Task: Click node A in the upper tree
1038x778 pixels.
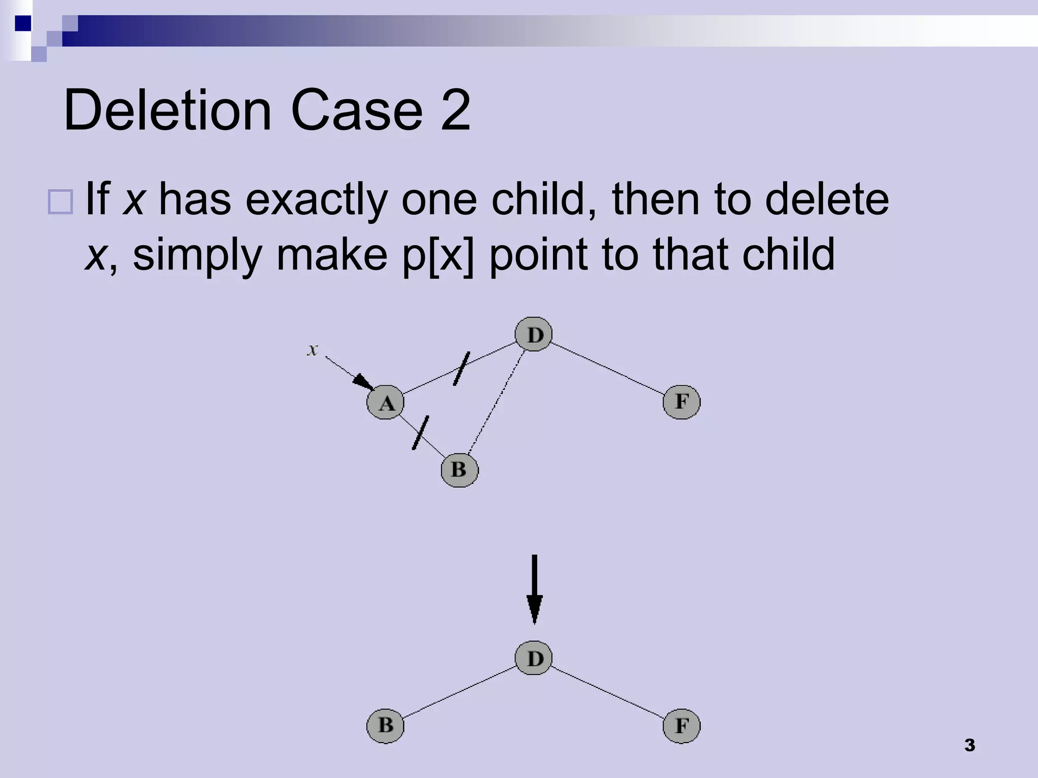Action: [x=385, y=402]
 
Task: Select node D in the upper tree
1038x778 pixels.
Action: [x=533, y=334]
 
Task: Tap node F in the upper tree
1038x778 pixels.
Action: [x=681, y=402]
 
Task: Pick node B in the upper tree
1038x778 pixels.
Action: [x=459, y=470]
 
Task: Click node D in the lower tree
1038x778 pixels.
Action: [x=533, y=658]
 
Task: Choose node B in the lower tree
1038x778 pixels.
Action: [x=385, y=725]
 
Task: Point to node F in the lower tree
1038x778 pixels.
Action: [x=681, y=726]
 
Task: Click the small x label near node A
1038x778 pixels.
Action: [x=313, y=349]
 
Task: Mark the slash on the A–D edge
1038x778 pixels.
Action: [x=461, y=368]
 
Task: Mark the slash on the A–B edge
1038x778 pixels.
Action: [x=420, y=433]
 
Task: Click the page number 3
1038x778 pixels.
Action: [x=970, y=745]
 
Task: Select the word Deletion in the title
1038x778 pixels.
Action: [x=168, y=110]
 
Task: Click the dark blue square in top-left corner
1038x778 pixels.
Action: [x=23, y=23]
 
